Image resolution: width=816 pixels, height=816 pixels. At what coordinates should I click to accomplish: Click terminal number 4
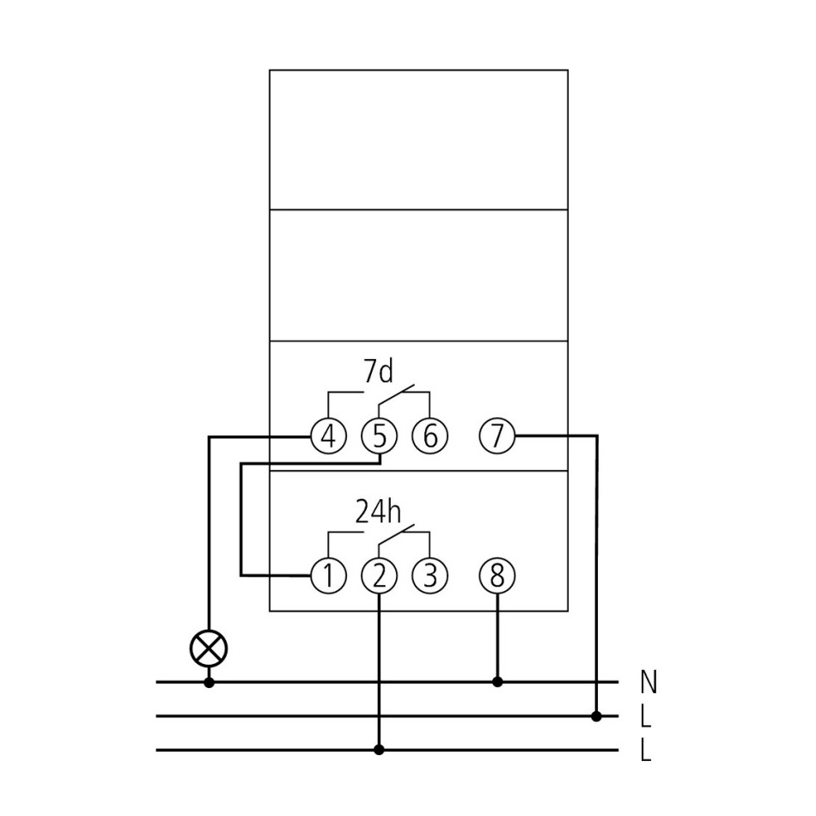click(327, 436)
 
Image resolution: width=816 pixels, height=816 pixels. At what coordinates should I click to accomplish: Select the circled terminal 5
click(379, 436)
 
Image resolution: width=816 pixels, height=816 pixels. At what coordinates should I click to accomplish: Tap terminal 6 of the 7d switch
click(429, 436)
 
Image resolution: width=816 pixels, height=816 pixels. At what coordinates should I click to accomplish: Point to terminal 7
click(496, 436)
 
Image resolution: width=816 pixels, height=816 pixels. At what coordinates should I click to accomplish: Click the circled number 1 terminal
click(327, 576)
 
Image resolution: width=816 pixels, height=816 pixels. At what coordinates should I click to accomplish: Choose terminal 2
click(379, 576)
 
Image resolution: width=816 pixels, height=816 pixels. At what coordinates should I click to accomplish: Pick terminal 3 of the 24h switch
click(429, 576)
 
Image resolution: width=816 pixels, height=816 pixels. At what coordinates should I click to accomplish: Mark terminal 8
click(496, 576)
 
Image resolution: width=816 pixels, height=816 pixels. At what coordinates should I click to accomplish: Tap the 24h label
click(378, 512)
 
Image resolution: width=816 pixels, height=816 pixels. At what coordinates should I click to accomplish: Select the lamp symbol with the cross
click(209, 648)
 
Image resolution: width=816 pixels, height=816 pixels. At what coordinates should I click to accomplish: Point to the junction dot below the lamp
click(209, 682)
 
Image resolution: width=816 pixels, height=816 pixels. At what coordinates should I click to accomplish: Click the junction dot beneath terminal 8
click(496, 682)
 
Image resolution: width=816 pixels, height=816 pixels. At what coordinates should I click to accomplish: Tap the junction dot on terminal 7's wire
click(597, 716)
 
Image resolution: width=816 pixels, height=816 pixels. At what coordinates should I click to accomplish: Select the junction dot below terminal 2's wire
click(379, 750)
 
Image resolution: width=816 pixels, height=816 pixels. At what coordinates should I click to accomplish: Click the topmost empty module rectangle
click(418, 140)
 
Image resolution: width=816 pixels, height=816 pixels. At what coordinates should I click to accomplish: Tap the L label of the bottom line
click(646, 752)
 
